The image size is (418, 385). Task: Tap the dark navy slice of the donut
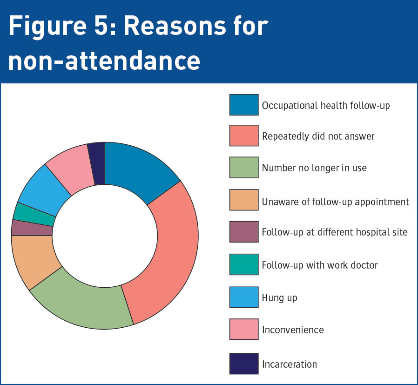coord(97,163)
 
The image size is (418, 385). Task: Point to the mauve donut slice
coord(32,228)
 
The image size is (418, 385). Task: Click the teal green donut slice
coord(34,212)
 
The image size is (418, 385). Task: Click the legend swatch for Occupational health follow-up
coord(243,105)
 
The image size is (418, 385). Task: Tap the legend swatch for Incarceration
coord(243,364)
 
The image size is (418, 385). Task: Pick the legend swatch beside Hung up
coord(243,297)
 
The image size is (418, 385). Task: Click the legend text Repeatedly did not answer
coord(318,136)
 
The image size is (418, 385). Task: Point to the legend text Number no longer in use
coord(314,168)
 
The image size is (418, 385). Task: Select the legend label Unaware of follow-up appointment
coord(335,202)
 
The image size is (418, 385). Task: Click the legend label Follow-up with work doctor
coord(319,265)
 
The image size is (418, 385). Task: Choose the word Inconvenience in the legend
coord(293,330)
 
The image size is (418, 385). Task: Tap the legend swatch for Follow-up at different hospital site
coord(243,231)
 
